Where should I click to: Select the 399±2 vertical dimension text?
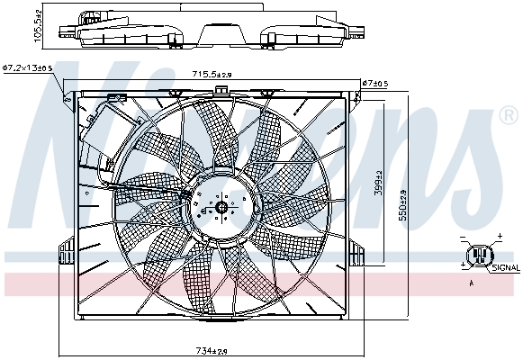[379, 184]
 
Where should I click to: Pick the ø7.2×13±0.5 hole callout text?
[28, 67]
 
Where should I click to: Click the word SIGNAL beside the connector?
[506, 267]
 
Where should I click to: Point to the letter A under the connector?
[472, 283]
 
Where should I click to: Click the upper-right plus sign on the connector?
[495, 238]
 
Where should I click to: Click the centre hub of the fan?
[221, 207]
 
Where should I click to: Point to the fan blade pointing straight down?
[199, 279]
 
